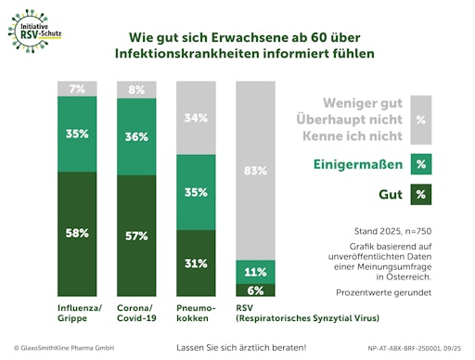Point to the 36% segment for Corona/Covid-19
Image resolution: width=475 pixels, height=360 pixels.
point(136,136)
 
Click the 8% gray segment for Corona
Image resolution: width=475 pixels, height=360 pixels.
point(136,90)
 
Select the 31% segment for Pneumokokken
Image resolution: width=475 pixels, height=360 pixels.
point(196,263)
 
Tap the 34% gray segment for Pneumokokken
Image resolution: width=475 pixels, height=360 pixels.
point(196,118)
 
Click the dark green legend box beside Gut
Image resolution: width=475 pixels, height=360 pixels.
point(421,194)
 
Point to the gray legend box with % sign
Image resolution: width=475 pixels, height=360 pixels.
point(421,120)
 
